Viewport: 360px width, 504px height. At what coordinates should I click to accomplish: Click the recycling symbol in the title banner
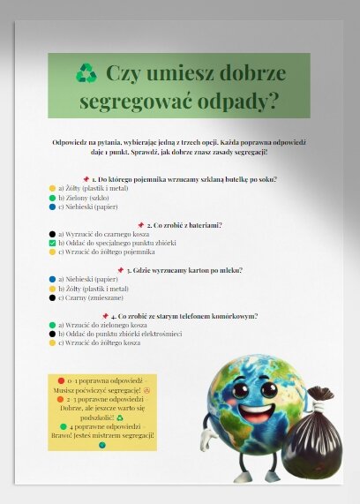(x=86, y=73)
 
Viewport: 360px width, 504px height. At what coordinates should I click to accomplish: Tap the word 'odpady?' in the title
(x=240, y=101)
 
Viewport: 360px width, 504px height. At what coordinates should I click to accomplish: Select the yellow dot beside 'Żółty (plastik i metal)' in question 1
(x=53, y=189)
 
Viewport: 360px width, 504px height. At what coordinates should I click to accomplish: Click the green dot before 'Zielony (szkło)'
(x=53, y=199)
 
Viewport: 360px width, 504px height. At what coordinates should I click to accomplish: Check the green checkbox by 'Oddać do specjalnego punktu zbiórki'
(x=53, y=243)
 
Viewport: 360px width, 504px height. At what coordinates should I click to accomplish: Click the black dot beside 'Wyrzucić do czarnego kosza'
(x=53, y=234)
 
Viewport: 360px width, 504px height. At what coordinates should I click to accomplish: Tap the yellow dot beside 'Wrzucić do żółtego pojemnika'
(x=53, y=252)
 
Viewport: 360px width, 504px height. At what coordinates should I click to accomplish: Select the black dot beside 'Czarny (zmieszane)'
(x=53, y=297)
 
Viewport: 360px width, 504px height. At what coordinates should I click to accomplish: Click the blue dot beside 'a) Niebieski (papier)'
(x=53, y=279)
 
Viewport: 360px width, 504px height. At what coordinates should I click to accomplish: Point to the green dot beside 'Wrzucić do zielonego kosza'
(x=53, y=325)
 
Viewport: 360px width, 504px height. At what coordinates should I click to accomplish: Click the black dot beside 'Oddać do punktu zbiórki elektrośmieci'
(x=53, y=334)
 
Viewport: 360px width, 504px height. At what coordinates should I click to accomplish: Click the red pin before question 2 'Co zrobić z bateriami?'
(x=141, y=225)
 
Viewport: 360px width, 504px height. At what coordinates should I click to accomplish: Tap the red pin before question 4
(x=105, y=315)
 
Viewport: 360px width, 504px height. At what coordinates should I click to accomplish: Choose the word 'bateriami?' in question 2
(x=202, y=225)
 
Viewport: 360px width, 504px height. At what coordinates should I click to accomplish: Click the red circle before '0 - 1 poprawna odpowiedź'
(x=61, y=380)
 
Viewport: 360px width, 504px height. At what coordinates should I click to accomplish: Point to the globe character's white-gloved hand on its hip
(x=207, y=434)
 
